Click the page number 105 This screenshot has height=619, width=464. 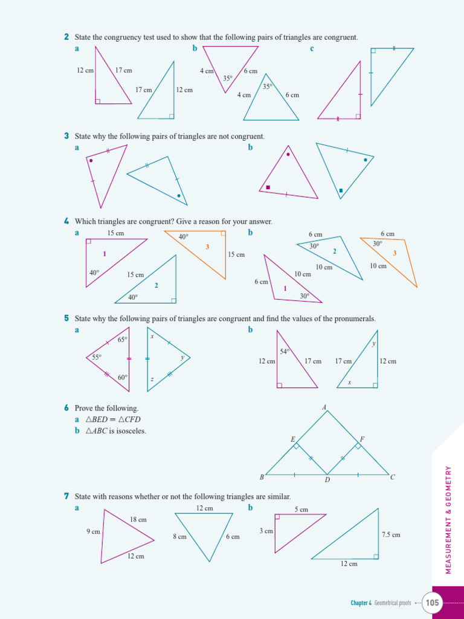pyautogui.click(x=433, y=602)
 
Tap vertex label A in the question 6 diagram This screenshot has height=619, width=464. pyautogui.click(x=324, y=407)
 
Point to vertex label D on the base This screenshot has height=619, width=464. pyautogui.click(x=327, y=480)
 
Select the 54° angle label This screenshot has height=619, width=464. pyautogui.click(x=285, y=351)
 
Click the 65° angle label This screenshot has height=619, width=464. pyautogui.click(x=123, y=340)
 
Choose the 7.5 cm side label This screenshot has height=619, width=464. pyautogui.click(x=391, y=534)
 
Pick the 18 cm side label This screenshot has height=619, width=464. pyautogui.click(x=138, y=519)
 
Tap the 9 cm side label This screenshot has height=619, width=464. pyautogui.click(x=93, y=532)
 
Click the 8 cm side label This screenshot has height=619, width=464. pyautogui.click(x=179, y=536)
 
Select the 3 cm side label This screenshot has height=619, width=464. pyautogui.click(x=266, y=531)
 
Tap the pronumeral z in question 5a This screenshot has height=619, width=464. pyautogui.click(x=152, y=380)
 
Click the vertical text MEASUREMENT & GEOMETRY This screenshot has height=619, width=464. pyautogui.click(x=448, y=520)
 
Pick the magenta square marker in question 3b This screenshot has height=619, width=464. pyautogui.click(x=268, y=187)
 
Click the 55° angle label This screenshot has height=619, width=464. pyautogui.click(x=97, y=357)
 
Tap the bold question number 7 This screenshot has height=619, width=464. pyautogui.click(x=66, y=496)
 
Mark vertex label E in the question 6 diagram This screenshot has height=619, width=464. pyautogui.click(x=293, y=439)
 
